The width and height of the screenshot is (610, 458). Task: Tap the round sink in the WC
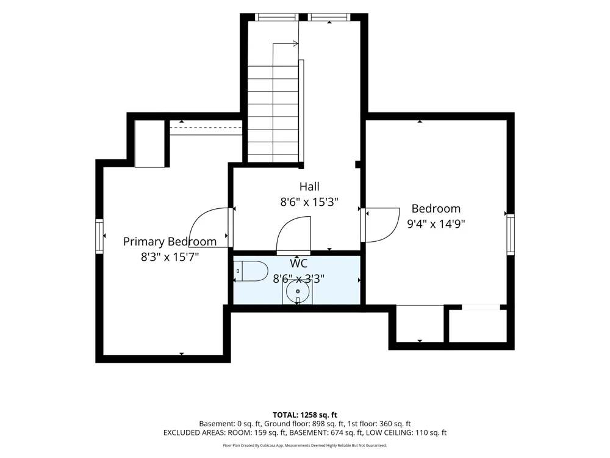click(298, 291)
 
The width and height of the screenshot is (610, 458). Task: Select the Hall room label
click(310, 186)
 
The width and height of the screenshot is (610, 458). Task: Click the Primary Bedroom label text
click(170, 241)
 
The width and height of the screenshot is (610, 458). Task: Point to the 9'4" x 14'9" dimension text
click(436, 224)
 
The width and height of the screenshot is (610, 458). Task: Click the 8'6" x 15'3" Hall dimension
click(310, 202)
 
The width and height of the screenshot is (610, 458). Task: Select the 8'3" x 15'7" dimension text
click(170, 257)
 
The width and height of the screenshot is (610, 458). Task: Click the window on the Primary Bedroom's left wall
click(99, 236)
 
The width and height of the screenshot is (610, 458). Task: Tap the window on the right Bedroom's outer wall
click(511, 235)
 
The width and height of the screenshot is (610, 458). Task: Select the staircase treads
click(273, 114)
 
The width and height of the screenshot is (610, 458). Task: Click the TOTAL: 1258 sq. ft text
click(305, 415)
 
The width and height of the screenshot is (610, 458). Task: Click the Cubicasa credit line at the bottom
click(305, 445)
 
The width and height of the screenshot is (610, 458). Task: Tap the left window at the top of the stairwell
click(276, 17)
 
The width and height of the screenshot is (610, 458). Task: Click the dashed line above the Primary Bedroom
click(206, 127)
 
